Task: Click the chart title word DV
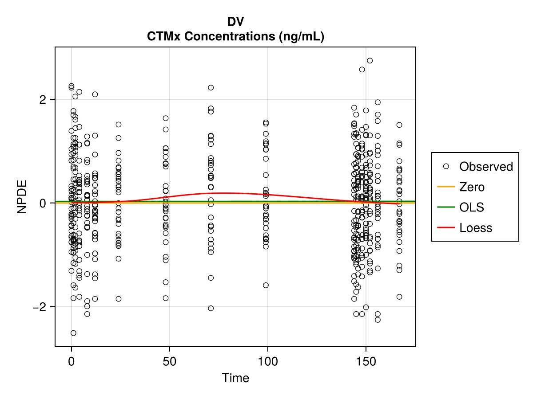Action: click(x=235, y=22)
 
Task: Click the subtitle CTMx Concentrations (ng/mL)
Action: click(x=235, y=37)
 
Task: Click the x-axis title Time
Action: click(x=235, y=378)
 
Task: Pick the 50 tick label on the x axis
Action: click(x=169, y=361)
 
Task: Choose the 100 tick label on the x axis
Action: click(x=267, y=361)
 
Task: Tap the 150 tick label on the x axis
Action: click(x=366, y=361)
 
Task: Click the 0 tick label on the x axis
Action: click(x=71, y=361)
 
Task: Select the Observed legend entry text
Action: click(x=486, y=167)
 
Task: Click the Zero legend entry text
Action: click(x=472, y=187)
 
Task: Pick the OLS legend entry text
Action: click(x=471, y=207)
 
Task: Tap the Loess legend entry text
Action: click(x=476, y=228)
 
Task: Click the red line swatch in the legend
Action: click(x=446, y=228)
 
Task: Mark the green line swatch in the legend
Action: click(x=446, y=207)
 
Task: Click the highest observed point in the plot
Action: click(x=370, y=60)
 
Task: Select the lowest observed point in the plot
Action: click(x=73, y=333)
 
